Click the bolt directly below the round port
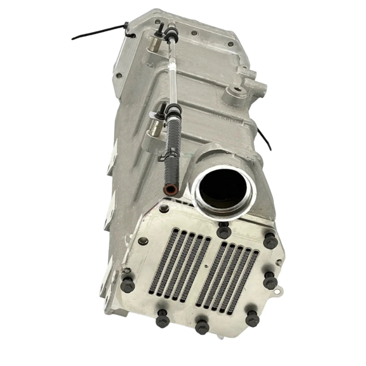pos(224,231)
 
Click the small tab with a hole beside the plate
pos(281,291)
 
